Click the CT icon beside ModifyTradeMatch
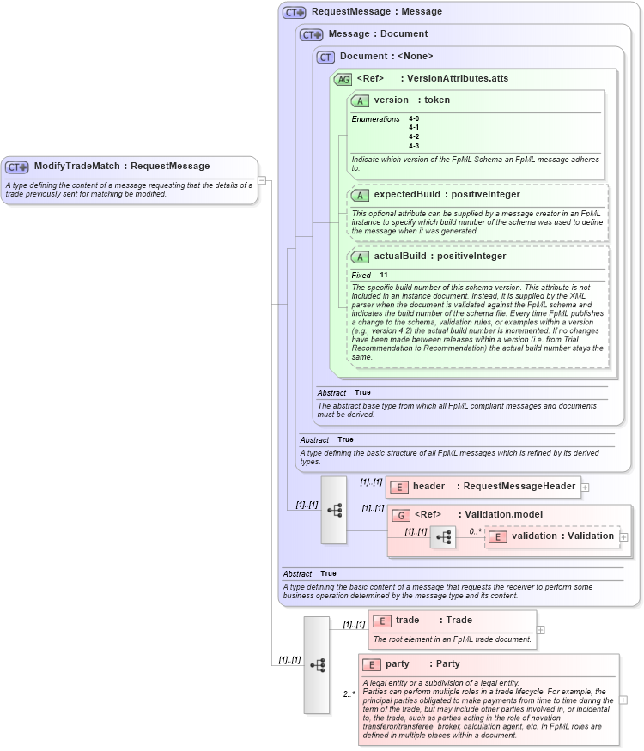[17, 167]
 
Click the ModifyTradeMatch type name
[76, 166]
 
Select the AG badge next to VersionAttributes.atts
[343, 79]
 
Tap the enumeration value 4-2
[414, 136]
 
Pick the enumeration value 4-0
[414, 118]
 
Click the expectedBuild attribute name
[407, 194]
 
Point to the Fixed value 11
[384, 275]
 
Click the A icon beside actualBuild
[360, 257]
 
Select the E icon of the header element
[398, 487]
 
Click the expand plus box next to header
[585, 487]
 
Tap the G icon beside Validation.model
[400, 515]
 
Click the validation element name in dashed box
[533, 536]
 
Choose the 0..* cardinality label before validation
[475, 531]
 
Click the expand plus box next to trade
[540, 630]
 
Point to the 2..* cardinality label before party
[349, 693]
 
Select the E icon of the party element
[371, 664]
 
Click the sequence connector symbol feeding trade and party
[316, 664]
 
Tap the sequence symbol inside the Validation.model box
[443, 537]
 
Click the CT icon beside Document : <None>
[325, 57]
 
